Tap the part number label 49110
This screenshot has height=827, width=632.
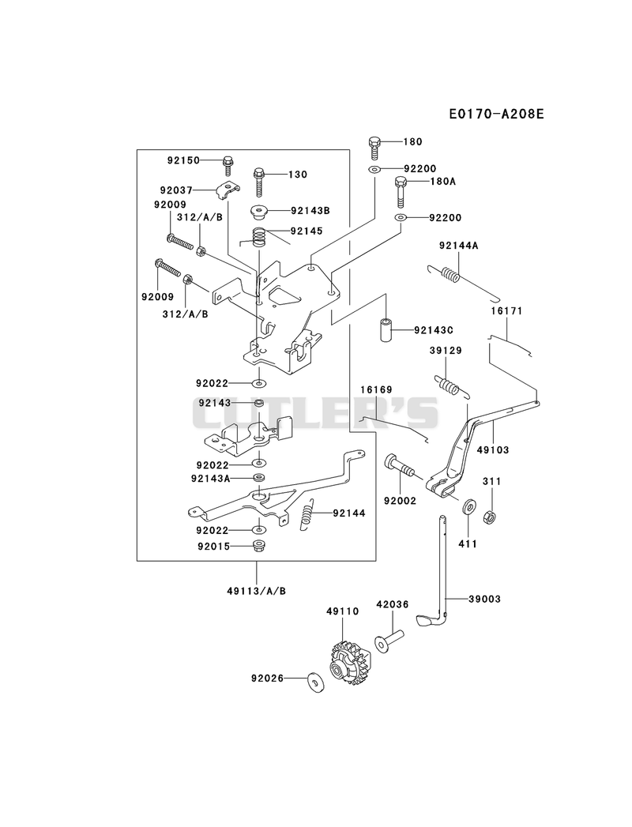point(342,611)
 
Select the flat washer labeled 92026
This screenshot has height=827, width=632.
point(316,682)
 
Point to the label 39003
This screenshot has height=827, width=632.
point(485,599)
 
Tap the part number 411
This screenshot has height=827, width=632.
point(468,543)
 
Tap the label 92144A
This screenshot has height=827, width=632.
point(458,245)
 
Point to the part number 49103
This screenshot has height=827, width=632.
point(493,450)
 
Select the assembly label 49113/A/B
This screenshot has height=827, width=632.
point(257,591)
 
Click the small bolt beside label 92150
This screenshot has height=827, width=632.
point(228,166)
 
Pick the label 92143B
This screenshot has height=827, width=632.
point(310,210)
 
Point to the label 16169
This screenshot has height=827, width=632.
point(377,389)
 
